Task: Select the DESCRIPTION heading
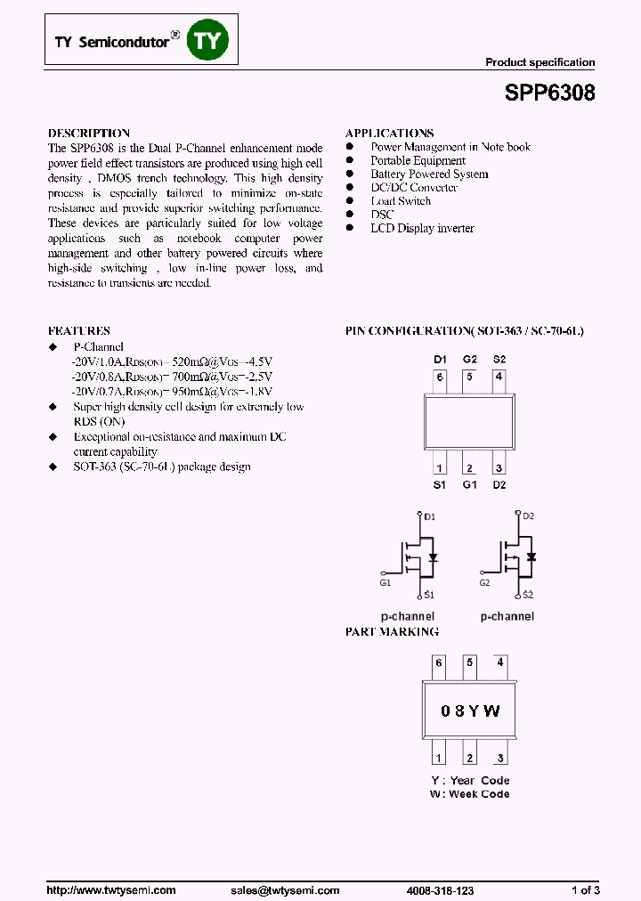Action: coord(89,133)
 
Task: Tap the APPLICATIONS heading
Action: coord(390,133)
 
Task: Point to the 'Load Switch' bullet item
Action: coord(401,201)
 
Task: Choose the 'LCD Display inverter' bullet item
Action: coord(422,229)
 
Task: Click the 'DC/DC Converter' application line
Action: coord(414,188)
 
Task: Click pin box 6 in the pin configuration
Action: coord(439,377)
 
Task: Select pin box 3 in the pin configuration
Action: coord(499,468)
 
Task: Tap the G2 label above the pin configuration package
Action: coord(469,359)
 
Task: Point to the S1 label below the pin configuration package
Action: coord(439,485)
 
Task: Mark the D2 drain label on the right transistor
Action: coord(528,516)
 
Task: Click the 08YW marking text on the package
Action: coord(470,710)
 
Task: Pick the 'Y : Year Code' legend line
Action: coord(470,781)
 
